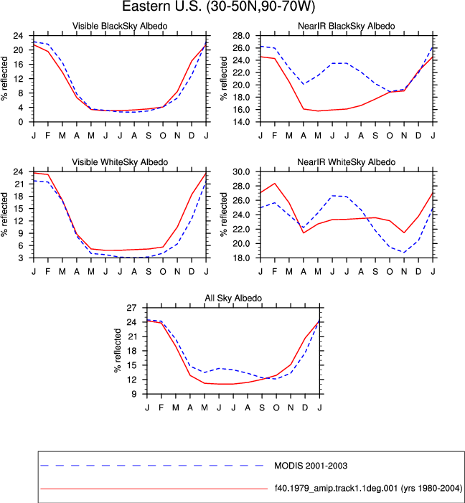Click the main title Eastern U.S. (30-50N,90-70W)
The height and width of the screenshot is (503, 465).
pyautogui.click(x=219, y=6)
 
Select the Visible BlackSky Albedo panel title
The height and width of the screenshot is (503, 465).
pyautogui.click(x=120, y=26)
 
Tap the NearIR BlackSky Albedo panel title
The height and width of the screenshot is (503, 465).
pyautogui.click(x=347, y=26)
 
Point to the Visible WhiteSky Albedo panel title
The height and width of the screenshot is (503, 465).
pyautogui.click(x=120, y=162)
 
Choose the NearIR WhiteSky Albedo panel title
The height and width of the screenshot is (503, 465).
pyautogui.click(x=347, y=162)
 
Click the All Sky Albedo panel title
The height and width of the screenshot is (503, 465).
pyautogui.click(x=233, y=298)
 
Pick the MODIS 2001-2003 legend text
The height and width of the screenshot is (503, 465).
pyautogui.click(x=311, y=466)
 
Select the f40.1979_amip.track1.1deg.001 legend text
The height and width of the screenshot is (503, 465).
pyautogui.click(x=368, y=488)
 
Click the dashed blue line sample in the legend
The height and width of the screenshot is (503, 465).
pyautogui.click(x=152, y=465)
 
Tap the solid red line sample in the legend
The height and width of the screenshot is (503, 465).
pyautogui.click(x=154, y=489)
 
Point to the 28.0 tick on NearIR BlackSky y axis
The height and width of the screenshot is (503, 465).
pyautogui.click(x=241, y=36)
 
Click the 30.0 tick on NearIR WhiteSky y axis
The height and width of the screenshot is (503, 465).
pyautogui.click(x=241, y=171)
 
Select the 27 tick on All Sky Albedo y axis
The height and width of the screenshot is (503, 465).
pyautogui.click(x=131, y=308)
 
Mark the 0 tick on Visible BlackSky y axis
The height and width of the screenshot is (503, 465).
pyautogui.click(x=21, y=122)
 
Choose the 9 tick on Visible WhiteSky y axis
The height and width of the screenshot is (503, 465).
pyautogui.click(x=21, y=233)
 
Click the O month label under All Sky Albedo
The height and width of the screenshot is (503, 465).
pyautogui.click(x=276, y=408)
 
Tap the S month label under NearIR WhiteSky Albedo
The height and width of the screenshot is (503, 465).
pyautogui.click(x=375, y=271)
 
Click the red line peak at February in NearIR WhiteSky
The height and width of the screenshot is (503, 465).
pyautogui.click(x=275, y=184)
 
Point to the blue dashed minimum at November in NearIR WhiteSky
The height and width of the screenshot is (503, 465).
pyautogui.click(x=404, y=253)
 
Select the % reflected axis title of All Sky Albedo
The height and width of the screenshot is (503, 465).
pyautogui.click(x=118, y=351)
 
